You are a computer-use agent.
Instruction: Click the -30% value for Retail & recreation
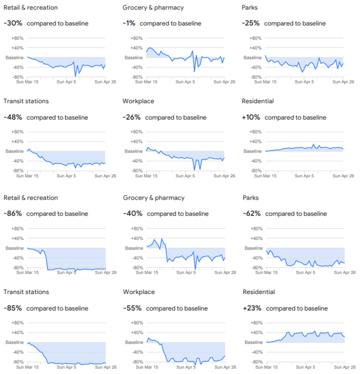[x=12, y=23]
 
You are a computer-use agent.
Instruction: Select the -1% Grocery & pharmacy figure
[x=129, y=23]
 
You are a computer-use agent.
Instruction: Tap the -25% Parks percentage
[x=251, y=23]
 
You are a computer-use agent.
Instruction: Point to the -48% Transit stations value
[x=13, y=117]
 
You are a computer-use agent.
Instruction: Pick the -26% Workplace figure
[x=132, y=117]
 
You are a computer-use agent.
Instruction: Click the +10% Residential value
[x=251, y=117]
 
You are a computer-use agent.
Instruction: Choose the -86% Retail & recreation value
[x=13, y=213]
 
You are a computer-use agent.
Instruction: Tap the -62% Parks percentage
[x=252, y=213]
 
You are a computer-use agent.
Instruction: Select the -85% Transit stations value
[x=13, y=308]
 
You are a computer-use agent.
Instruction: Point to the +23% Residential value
[x=253, y=308]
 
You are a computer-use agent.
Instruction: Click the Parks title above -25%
[x=251, y=8]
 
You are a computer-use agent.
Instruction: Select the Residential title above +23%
[x=259, y=292]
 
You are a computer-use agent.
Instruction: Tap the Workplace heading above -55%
[x=139, y=292]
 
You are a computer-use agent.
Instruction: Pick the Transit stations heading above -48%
[x=26, y=101]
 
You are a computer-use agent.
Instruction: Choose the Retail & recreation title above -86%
[x=31, y=198]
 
